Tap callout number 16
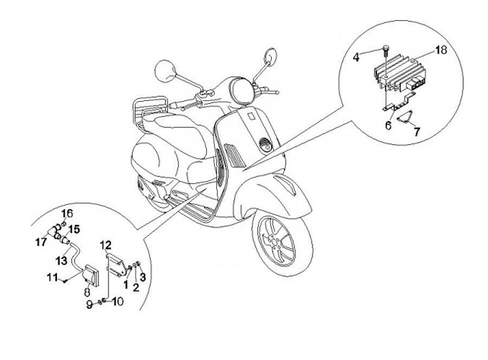click(66, 214)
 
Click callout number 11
click(51, 277)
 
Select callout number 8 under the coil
click(86, 292)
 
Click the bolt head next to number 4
click(385, 47)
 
